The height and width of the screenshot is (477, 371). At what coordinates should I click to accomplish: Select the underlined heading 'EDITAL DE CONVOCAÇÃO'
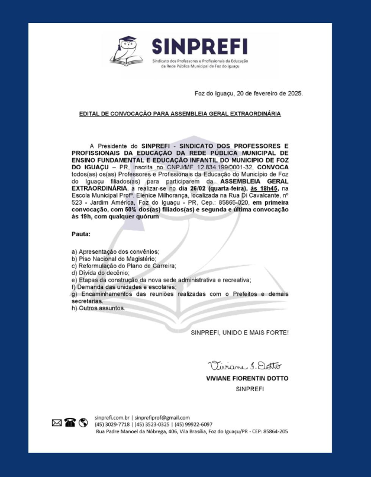(180, 113)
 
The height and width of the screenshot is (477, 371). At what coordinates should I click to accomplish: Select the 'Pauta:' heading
(80, 234)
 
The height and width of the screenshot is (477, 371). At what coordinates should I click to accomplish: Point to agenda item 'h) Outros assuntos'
(98, 308)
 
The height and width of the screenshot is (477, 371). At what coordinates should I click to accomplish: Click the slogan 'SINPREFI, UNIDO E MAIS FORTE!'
(240, 333)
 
